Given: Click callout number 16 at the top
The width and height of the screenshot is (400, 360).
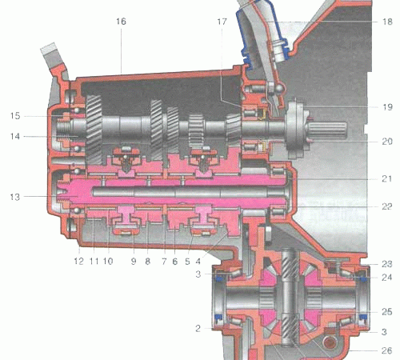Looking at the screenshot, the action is click(x=121, y=22).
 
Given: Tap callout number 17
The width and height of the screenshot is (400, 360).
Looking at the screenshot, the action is click(x=222, y=22).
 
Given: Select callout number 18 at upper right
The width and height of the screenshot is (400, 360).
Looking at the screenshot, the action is click(x=387, y=22).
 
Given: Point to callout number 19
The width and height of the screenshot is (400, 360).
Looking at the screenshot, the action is click(x=387, y=107).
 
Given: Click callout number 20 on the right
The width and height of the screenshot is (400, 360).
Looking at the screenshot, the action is click(x=387, y=142).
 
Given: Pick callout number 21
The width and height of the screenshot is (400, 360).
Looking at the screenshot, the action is click(x=387, y=178).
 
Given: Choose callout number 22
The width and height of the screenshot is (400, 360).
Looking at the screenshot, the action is click(x=387, y=206).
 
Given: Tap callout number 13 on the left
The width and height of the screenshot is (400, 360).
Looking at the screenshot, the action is click(x=15, y=197).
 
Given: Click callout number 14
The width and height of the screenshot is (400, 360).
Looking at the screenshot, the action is click(x=15, y=137).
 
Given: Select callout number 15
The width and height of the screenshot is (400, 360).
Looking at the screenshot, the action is click(x=15, y=116).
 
